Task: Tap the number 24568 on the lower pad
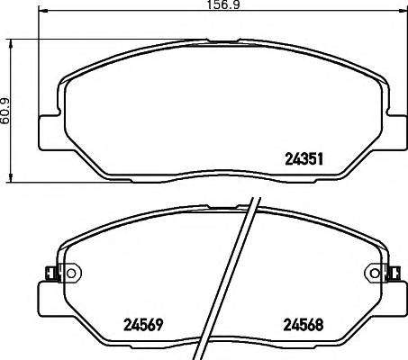(x=304, y=325)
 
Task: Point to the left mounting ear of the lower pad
(x=44, y=297)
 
